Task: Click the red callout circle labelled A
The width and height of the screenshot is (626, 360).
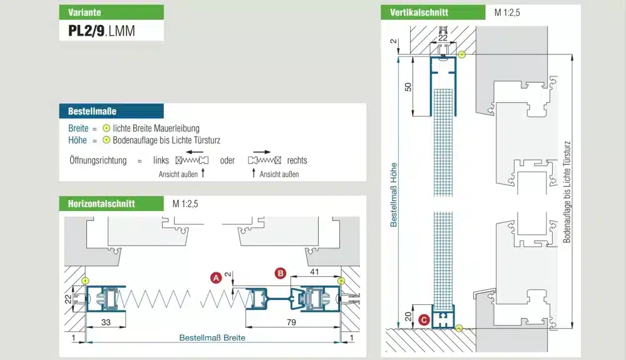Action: pyautogui.click(x=215, y=278)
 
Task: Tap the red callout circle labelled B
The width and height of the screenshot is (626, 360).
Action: pyautogui.click(x=280, y=273)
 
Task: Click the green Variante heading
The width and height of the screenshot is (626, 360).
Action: pyautogui.click(x=111, y=13)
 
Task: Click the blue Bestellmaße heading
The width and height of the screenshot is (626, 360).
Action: pyautogui.click(x=111, y=111)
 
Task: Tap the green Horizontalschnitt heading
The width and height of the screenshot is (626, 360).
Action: pyautogui.click(x=111, y=203)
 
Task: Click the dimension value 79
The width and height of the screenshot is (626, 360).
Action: pyautogui.click(x=292, y=322)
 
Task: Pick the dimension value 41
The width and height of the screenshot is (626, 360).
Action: pyautogui.click(x=314, y=272)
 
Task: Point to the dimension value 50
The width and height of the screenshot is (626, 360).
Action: pyautogui.click(x=409, y=87)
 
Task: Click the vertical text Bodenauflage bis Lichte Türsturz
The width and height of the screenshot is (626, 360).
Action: pyautogui.click(x=567, y=191)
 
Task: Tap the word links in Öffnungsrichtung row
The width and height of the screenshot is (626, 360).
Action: pyautogui.click(x=162, y=160)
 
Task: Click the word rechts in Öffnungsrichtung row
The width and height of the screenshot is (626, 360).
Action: pyautogui.click(x=297, y=160)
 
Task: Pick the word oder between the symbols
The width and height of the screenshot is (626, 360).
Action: pyautogui.click(x=228, y=160)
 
